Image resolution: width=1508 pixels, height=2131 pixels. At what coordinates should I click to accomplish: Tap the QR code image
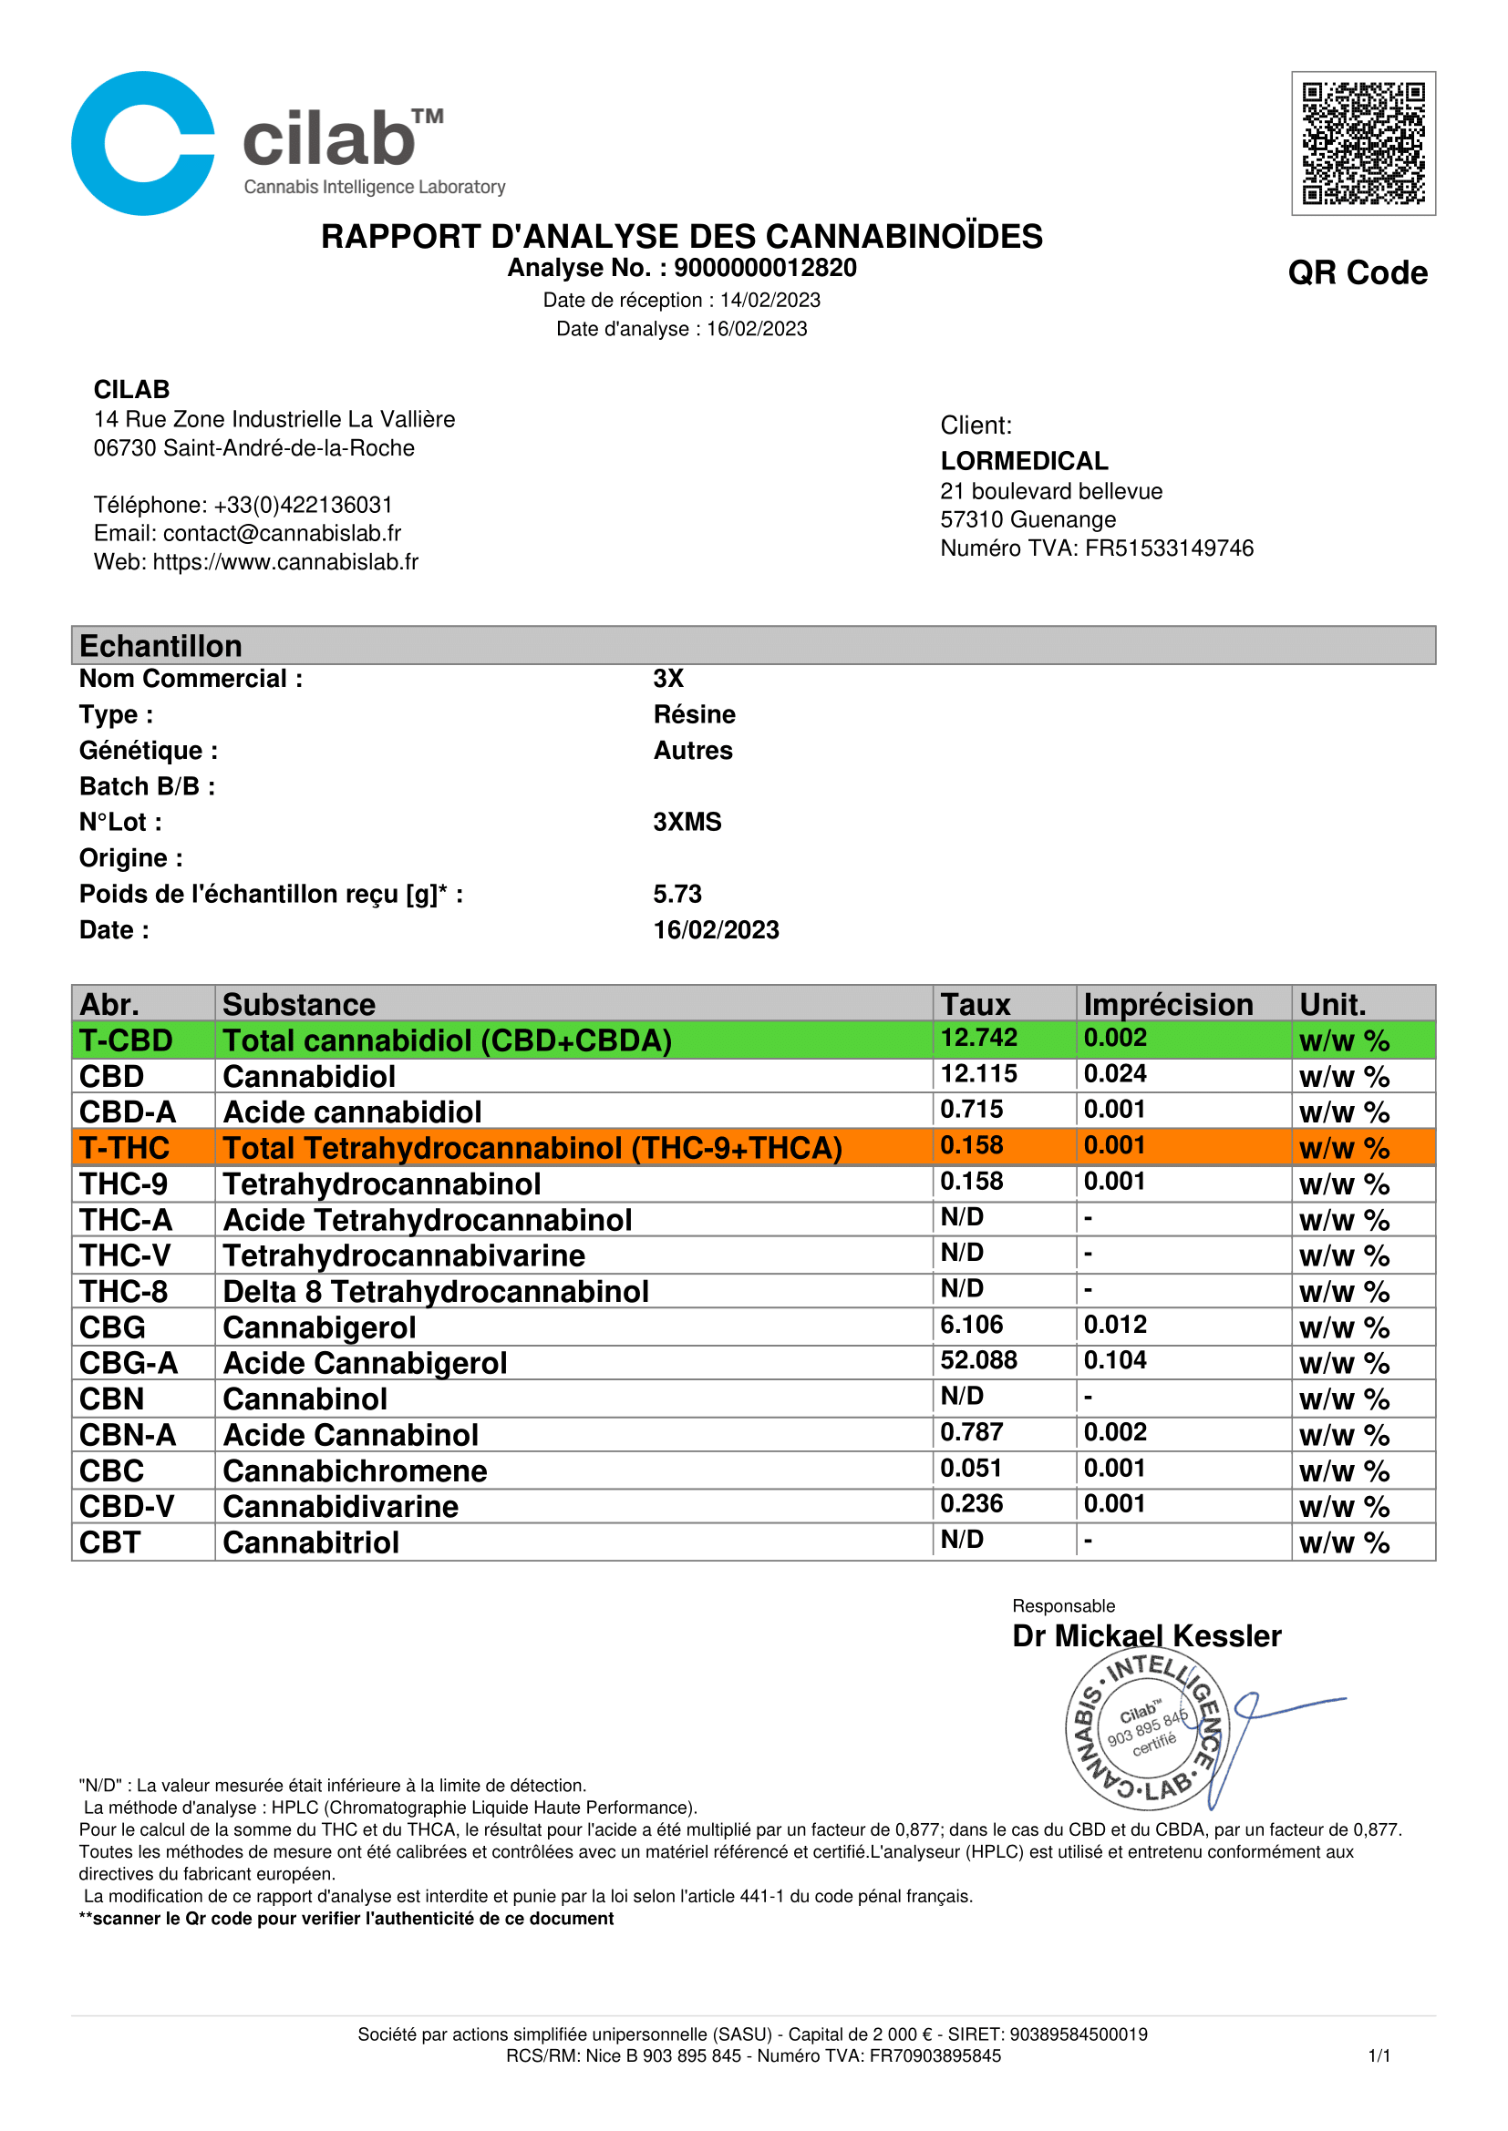[1362, 144]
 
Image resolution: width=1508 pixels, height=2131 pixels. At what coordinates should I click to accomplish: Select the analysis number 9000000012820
[764, 268]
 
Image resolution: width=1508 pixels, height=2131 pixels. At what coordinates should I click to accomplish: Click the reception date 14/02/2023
[769, 300]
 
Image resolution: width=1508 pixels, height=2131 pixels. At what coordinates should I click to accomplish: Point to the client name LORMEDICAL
[1023, 461]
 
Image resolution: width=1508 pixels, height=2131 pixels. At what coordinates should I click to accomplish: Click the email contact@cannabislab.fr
[282, 533]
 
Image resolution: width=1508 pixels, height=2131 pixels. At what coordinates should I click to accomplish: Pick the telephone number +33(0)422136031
[303, 505]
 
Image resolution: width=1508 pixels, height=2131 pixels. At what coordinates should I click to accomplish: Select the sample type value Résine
[694, 714]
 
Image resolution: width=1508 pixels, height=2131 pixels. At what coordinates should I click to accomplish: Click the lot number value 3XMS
[687, 823]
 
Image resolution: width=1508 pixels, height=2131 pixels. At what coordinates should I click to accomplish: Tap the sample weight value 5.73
[677, 894]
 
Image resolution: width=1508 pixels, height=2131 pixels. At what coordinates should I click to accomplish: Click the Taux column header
[975, 1004]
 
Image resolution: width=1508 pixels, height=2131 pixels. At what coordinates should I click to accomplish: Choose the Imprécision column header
[1167, 1004]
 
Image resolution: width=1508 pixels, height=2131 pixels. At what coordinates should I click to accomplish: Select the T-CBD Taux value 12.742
[978, 1038]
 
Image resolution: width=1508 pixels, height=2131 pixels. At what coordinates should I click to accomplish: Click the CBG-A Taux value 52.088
[978, 1360]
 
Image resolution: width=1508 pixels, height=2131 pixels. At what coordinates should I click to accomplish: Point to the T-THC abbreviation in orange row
[124, 1148]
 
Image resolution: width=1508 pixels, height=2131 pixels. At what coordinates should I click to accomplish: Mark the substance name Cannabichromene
[355, 1471]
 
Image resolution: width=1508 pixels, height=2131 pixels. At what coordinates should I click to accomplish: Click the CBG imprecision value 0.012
[1114, 1325]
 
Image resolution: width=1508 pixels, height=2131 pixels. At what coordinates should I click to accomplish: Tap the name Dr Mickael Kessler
[1146, 1635]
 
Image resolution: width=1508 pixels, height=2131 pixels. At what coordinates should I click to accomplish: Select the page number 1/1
[1379, 2055]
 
